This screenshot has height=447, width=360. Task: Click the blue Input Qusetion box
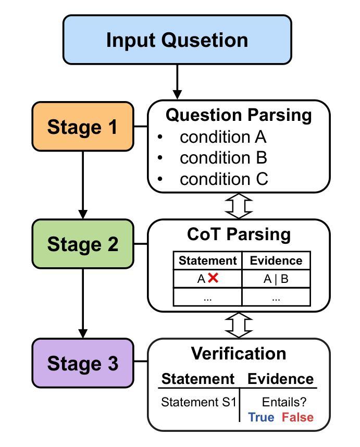[177, 40]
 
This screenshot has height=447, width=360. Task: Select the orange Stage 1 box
[83, 126]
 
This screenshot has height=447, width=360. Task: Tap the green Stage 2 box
[83, 244]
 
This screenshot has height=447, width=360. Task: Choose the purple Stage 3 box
[83, 363]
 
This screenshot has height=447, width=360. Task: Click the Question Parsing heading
[239, 116]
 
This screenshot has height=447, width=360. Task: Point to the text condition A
[223, 137]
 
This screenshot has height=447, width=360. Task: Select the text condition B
[224, 158]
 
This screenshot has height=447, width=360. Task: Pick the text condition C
[224, 179]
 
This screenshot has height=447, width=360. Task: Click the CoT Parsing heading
[239, 234]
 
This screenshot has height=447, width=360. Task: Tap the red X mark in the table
[213, 278]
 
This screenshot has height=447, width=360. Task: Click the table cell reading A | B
[276, 279]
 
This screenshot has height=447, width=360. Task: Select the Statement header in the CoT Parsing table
[207, 260]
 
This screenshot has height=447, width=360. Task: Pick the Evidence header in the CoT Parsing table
[276, 260]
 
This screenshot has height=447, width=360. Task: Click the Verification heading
[239, 354]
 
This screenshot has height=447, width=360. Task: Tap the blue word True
[261, 417]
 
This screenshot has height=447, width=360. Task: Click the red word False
[297, 417]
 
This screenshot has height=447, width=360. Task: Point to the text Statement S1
[198, 402]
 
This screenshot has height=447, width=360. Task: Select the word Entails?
[284, 402]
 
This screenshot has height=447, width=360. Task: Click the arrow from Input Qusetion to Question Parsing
[177, 82]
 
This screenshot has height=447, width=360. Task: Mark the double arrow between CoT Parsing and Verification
[239, 325]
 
